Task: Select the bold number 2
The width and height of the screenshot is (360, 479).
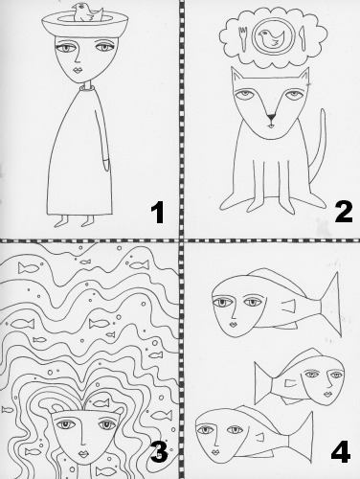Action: pyautogui.click(x=344, y=213)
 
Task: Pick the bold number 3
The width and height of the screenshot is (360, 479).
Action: pyautogui.click(x=159, y=451)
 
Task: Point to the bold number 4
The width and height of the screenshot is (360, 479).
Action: pyautogui.click(x=341, y=452)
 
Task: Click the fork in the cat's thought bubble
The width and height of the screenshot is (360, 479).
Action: pyautogui.click(x=243, y=39)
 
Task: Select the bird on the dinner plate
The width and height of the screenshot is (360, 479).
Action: pyautogui.click(x=271, y=38)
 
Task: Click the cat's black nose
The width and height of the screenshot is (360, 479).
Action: pyautogui.click(x=271, y=118)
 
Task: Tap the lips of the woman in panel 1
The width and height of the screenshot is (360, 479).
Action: pyautogui.click(x=79, y=70)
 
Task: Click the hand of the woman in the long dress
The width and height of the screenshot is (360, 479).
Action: pyautogui.click(x=106, y=163)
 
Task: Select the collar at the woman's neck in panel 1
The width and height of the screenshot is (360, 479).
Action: pyautogui.click(x=86, y=87)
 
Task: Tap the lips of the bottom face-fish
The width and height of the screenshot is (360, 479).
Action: pyautogui.click(x=215, y=452)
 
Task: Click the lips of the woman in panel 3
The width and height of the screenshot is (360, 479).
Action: pyautogui.click(x=84, y=453)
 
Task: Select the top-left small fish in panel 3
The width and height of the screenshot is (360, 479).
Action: pyautogui.click(x=29, y=268)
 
